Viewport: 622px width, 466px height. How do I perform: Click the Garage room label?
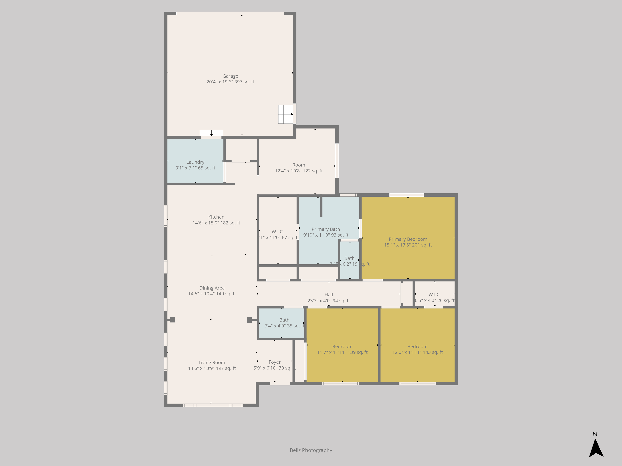click(x=230, y=76)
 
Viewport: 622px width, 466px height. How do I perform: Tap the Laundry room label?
click(x=195, y=162)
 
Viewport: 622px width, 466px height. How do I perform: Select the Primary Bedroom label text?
click(x=408, y=239)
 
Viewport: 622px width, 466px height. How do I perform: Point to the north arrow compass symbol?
click(x=596, y=448)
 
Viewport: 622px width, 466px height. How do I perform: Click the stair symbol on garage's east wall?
click(x=286, y=114)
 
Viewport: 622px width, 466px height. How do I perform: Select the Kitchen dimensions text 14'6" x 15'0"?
click(x=216, y=223)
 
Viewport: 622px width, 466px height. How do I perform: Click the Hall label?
click(x=328, y=295)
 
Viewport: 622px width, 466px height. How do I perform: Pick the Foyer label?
click(x=274, y=362)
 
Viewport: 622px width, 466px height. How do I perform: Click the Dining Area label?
click(x=212, y=288)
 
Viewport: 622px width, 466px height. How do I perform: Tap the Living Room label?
click(x=212, y=362)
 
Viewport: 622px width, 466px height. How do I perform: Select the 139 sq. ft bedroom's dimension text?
click(x=342, y=352)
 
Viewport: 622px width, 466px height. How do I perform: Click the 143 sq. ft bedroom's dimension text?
click(x=417, y=352)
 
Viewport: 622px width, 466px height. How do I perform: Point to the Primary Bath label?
click(x=326, y=229)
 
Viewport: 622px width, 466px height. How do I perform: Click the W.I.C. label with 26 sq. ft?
click(x=434, y=295)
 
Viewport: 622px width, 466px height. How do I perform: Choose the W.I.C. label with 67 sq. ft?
click(x=278, y=232)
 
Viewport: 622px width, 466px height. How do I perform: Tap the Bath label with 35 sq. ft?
click(x=284, y=320)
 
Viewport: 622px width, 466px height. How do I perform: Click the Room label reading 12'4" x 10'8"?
click(x=299, y=165)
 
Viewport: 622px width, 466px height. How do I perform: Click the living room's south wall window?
click(x=213, y=405)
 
